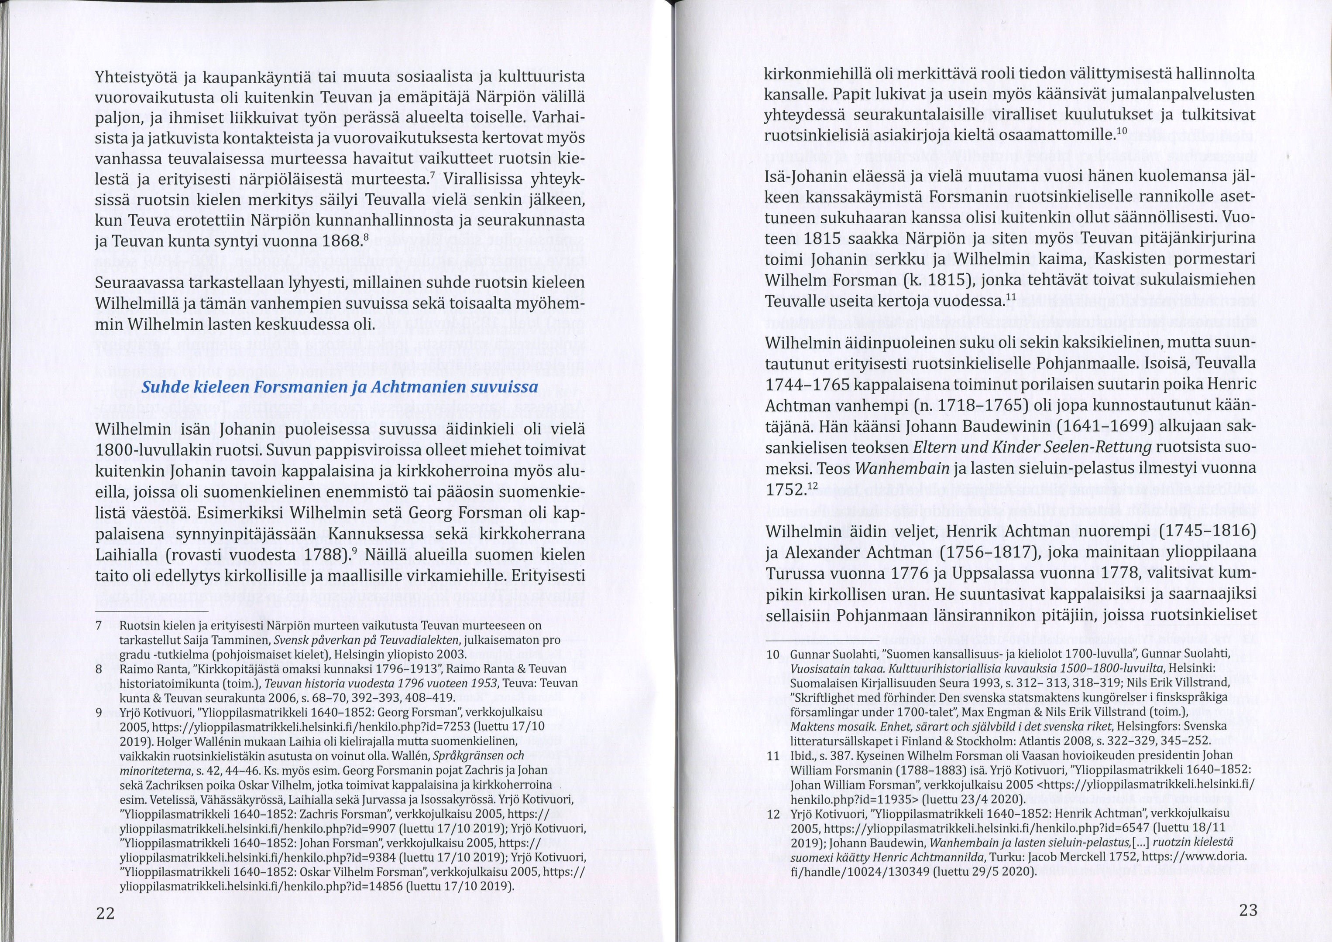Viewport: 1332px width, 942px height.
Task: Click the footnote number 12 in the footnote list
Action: (x=772, y=814)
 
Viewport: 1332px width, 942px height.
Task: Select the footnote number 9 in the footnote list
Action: (x=99, y=712)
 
